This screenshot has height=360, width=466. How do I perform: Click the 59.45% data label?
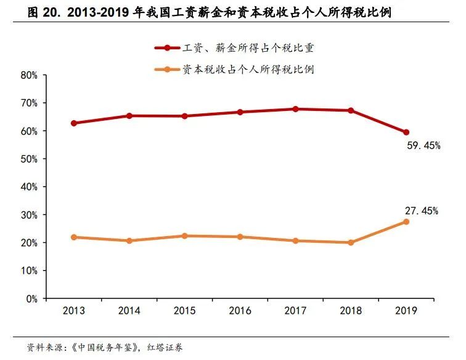click(x=423, y=146)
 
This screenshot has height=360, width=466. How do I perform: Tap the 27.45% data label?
click(x=422, y=211)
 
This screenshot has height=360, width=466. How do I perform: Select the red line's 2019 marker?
click(x=406, y=132)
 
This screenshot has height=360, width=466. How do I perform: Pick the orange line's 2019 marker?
click(x=406, y=221)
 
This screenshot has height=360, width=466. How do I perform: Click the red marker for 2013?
click(x=74, y=123)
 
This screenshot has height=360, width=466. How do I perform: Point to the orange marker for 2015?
click(x=185, y=236)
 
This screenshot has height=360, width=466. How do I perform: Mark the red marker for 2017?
click(x=295, y=109)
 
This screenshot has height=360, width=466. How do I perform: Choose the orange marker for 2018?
click(x=351, y=242)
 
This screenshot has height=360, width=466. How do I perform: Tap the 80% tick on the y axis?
click(x=30, y=75)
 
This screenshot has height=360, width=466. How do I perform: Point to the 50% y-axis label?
click(x=30, y=159)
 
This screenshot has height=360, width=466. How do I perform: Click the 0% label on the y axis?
click(x=32, y=299)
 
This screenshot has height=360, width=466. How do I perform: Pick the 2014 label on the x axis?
click(x=129, y=311)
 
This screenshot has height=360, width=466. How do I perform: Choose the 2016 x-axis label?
click(x=240, y=311)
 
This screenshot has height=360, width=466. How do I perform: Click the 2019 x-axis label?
click(x=406, y=311)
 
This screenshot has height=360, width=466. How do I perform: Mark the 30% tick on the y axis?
click(x=30, y=215)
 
